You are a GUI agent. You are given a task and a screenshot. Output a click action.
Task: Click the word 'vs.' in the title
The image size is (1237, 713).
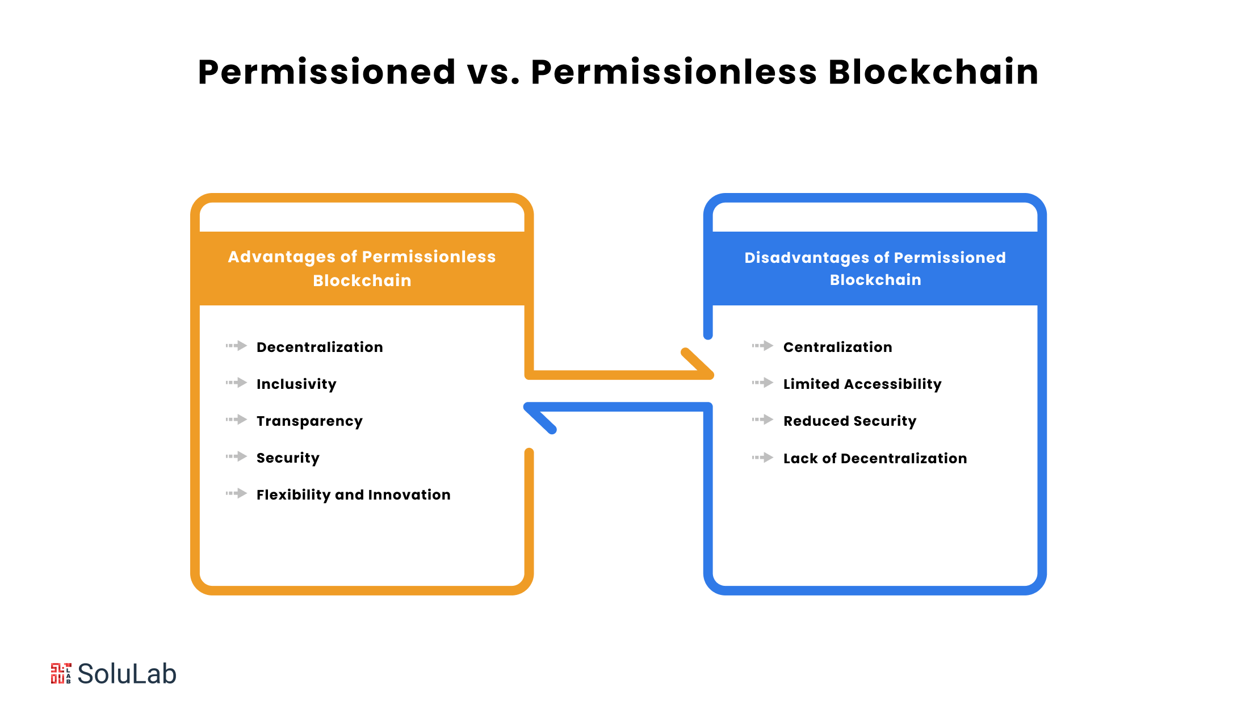click(493, 73)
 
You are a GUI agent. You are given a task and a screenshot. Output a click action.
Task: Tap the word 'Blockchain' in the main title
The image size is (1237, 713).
click(933, 73)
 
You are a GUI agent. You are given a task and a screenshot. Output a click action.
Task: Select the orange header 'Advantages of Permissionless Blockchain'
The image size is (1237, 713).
click(362, 269)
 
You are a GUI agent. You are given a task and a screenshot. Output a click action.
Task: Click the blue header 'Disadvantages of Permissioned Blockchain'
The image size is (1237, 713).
click(875, 269)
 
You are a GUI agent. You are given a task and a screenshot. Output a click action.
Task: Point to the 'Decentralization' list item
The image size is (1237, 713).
click(320, 347)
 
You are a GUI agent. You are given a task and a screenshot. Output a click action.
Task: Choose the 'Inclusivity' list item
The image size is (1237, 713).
click(296, 384)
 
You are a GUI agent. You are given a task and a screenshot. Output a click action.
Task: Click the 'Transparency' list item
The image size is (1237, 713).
click(309, 421)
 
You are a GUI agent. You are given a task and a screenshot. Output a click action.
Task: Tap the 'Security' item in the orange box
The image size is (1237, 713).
click(288, 458)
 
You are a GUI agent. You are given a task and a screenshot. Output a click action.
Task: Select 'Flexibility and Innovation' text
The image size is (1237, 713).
click(353, 495)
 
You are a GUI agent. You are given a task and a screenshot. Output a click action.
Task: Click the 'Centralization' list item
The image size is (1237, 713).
click(837, 347)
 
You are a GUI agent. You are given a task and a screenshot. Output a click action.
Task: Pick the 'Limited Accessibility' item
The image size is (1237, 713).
click(862, 384)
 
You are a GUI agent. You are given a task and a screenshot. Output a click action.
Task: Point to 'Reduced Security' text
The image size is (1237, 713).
click(849, 421)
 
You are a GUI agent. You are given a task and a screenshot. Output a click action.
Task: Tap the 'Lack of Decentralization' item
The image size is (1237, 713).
click(875, 459)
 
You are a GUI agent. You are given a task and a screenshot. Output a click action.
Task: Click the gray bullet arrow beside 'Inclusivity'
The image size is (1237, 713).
click(236, 383)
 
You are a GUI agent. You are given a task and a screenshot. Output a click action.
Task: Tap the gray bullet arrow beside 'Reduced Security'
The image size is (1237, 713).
click(762, 420)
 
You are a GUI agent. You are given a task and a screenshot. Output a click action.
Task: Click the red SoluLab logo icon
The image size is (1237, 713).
click(61, 673)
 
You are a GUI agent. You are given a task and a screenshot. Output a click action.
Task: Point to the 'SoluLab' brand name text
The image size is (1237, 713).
click(127, 674)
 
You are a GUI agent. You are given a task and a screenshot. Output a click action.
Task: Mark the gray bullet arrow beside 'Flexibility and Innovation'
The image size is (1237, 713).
click(236, 493)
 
